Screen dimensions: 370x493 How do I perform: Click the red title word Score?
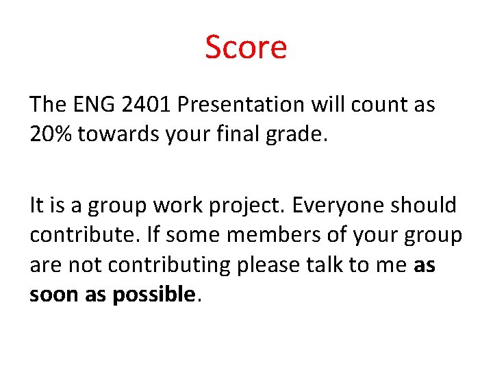pyautogui.click(x=246, y=47)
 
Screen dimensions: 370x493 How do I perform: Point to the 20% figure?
pyautogui.click(x=51, y=134)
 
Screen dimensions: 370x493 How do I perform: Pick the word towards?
pyautogui.click(x=119, y=134)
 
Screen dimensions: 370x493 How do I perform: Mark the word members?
pyautogui.click(x=255, y=234)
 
